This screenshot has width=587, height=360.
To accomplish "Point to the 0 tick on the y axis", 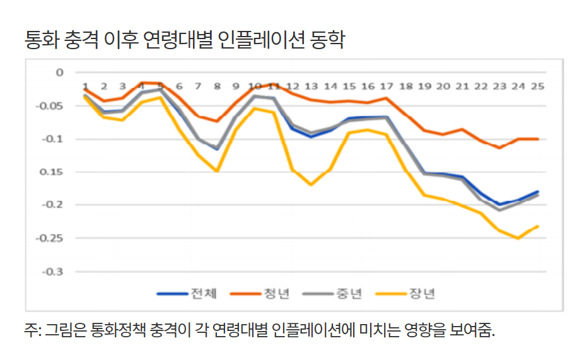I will click(60, 73).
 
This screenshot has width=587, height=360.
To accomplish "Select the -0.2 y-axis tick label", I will click(54, 205).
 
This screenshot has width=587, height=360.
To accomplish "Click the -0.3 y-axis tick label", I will click(54, 272).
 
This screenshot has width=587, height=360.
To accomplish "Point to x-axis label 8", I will click(217, 86).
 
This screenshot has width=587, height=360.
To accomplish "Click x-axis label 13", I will click(311, 86).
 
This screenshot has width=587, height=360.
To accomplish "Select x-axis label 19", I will click(424, 86).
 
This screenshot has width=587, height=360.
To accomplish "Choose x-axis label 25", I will click(538, 86).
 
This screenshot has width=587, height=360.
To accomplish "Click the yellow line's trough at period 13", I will click(311, 185).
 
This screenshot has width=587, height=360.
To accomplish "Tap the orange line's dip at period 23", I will click(500, 148).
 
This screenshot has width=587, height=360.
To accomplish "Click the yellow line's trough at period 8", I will click(217, 171).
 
